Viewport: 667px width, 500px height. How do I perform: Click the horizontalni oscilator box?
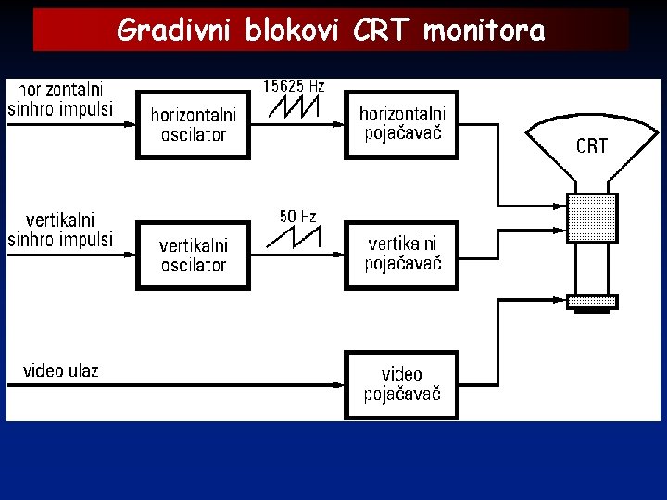click(193, 125)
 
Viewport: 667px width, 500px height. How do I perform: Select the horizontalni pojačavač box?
click(401, 124)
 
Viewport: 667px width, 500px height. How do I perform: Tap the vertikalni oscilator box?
click(193, 256)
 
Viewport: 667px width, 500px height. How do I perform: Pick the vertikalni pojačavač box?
click(401, 254)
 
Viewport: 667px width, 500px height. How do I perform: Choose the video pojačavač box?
click(401, 384)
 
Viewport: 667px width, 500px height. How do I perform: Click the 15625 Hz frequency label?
click(294, 85)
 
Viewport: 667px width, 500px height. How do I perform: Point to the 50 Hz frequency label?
click(297, 217)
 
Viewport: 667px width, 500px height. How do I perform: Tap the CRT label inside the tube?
click(591, 145)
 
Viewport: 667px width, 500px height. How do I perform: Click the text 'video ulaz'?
click(60, 371)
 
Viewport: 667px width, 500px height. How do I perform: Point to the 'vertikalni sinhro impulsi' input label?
click(60, 231)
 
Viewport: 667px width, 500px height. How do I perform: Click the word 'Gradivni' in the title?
click(174, 31)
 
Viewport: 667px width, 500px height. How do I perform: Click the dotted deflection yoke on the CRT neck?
click(591, 219)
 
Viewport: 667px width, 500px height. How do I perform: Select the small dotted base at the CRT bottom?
click(592, 301)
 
